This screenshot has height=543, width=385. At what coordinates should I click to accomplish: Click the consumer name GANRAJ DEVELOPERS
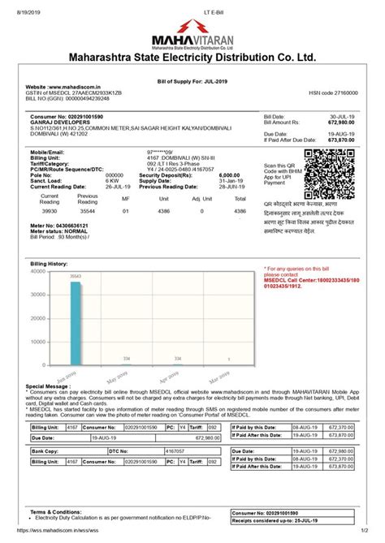coord(60,122)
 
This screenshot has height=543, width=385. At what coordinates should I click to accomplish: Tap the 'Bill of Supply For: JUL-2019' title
coord(192,81)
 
